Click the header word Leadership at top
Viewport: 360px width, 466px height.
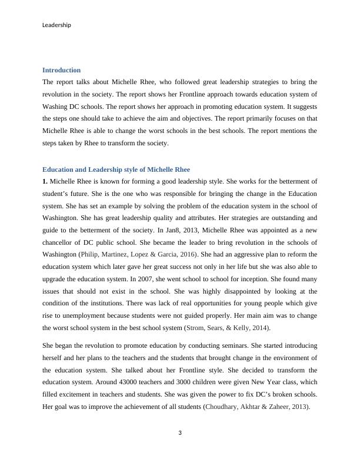tap(57, 25)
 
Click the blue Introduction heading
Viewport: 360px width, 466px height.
tap(61, 70)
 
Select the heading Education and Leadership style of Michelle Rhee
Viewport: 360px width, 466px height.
tap(116, 169)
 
